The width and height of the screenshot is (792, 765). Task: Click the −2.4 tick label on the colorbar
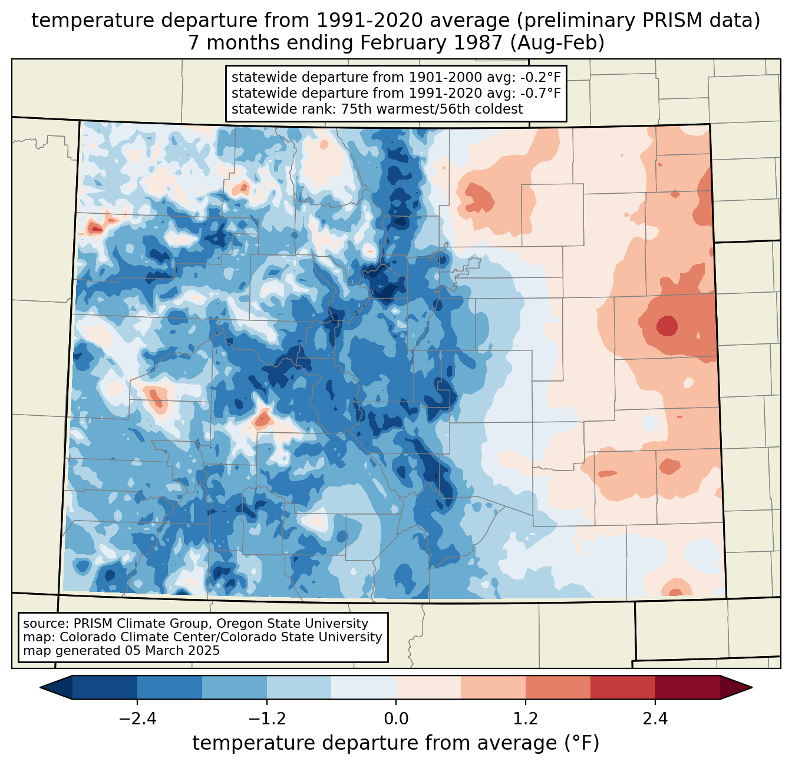coord(137,719)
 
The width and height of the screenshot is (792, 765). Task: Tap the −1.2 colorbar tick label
coord(266,719)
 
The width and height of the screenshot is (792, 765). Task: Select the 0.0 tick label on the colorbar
coord(396,719)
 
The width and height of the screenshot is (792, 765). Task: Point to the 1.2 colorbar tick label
coord(526,719)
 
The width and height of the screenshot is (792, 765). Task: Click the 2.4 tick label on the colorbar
coord(655,719)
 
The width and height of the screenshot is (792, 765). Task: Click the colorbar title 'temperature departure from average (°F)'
coord(396,743)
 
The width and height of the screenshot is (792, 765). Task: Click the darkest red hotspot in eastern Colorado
coord(666,325)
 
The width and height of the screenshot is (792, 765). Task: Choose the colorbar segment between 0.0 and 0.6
coord(428,687)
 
